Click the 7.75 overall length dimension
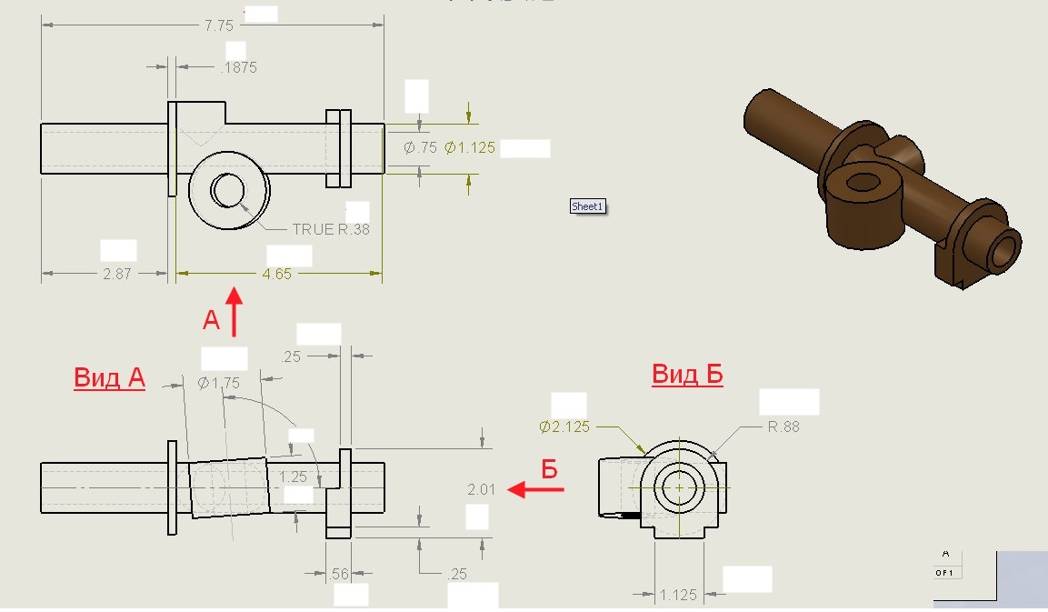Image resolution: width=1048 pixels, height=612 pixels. click(x=218, y=25)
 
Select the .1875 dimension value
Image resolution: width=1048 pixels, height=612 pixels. click(x=239, y=67)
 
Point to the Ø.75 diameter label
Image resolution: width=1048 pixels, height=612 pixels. click(x=420, y=147)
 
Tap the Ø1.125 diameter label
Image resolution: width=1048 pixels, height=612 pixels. click(x=469, y=147)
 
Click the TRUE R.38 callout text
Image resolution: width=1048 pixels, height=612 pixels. click(x=331, y=229)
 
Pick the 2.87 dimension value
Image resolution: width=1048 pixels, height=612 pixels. click(x=117, y=274)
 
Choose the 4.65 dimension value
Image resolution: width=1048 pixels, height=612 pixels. click(x=276, y=274)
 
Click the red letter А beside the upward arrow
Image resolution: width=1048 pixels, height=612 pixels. click(x=211, y=320)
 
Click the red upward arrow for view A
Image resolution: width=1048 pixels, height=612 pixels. click(x=234, y=312)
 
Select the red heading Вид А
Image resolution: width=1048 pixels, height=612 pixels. click(x=110, y=377)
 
